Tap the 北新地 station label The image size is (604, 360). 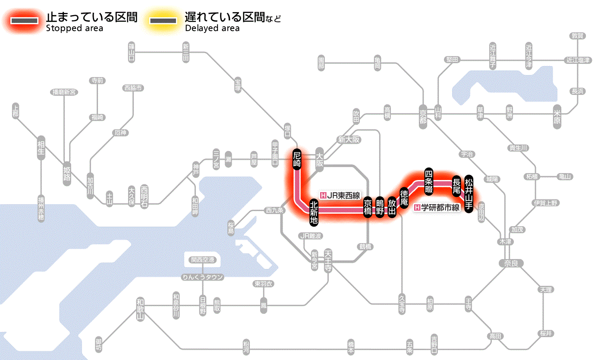tap(314, 212)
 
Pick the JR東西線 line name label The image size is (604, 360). tap(340, 196)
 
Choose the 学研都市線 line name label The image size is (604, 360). tap(437, 208)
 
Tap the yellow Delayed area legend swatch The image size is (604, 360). tap(164, 21)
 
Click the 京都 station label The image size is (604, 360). tap(423, 114)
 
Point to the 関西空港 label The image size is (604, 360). tap(203, 260)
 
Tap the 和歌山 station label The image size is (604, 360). tap(140, 309)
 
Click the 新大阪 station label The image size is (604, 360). tap(349, 140)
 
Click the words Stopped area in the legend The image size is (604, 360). tap(75, 28)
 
